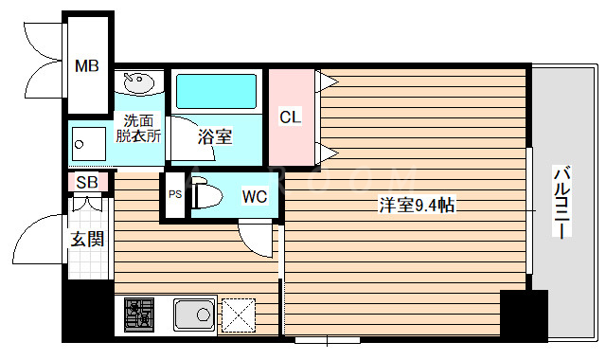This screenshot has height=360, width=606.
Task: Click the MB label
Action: (x=87, y=67)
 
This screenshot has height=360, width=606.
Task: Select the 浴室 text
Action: (x=215, y=136)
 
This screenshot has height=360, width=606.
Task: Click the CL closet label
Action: (x=290, y=117)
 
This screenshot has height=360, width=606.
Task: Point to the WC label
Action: (x=255, y=197)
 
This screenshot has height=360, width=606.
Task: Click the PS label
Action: (x=174, y=194)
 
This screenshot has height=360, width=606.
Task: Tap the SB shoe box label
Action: (x=86, y=182)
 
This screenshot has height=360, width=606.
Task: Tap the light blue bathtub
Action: (x=217, y=91)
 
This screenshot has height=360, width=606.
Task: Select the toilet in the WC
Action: (x=208, y=196)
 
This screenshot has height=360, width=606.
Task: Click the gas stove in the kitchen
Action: (x=139, y=314)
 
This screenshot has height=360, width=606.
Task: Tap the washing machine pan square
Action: (x=92, y=145)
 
